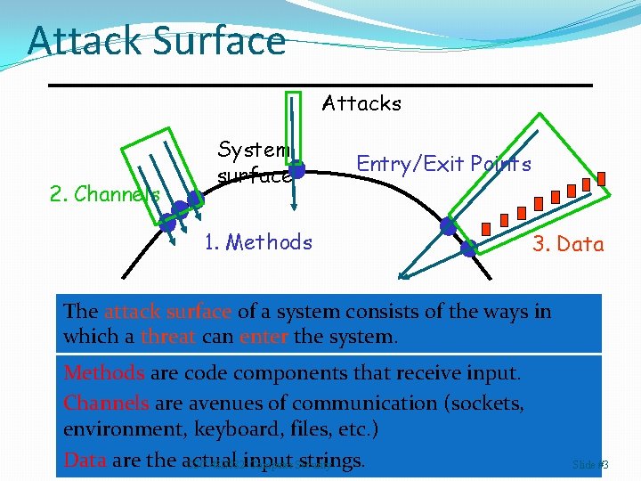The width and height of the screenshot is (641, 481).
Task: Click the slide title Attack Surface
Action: click(157, 41)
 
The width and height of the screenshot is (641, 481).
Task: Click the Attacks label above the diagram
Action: click(361, 103)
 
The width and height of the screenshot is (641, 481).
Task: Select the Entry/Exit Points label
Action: click(443, 164)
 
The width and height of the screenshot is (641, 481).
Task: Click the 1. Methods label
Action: click(258, 242)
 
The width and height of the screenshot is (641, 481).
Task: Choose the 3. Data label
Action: click(568, 244)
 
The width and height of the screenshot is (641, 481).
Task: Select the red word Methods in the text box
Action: click(104, 372)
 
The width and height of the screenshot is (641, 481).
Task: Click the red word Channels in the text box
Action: click(107, 403)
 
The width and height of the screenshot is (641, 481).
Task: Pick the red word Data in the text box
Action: click(85, 460)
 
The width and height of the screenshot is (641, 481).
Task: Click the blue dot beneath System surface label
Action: click(298, 169)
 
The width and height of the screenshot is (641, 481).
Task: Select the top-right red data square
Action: click(601, 178)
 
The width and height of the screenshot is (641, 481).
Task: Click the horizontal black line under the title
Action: click(320, 85)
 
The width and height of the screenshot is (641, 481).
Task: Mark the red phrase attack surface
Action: click(167, 312)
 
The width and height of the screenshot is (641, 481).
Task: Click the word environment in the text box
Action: click(115, 430)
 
